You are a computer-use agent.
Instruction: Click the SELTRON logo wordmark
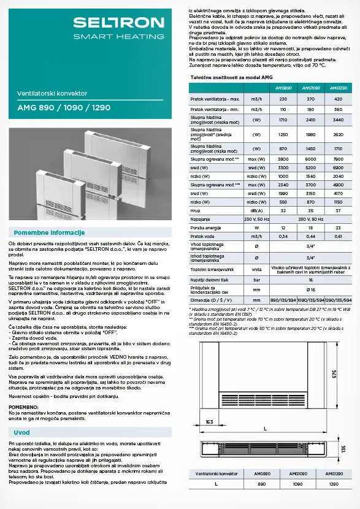tap(119, 23)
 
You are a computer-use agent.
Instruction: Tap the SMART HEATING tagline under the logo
tap(119, 37)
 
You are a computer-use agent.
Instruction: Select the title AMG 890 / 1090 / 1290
tap(64, 107)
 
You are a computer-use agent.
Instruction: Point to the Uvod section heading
tap(22, 432)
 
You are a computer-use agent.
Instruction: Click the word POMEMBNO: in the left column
tap(24, 406)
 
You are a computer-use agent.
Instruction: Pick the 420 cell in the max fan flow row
tap(338, 99)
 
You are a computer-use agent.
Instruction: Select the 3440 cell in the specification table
tap(338, 120)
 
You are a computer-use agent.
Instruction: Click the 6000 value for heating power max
tap(310, 159)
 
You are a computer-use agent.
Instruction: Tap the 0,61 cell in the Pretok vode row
tap(338, 235)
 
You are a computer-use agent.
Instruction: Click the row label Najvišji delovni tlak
tap(210, 279)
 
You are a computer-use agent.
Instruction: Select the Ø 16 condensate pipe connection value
tap(310, 289)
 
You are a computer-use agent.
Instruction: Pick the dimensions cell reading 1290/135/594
tap(338, 300)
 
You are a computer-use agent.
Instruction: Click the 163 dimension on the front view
tap(209, 422)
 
